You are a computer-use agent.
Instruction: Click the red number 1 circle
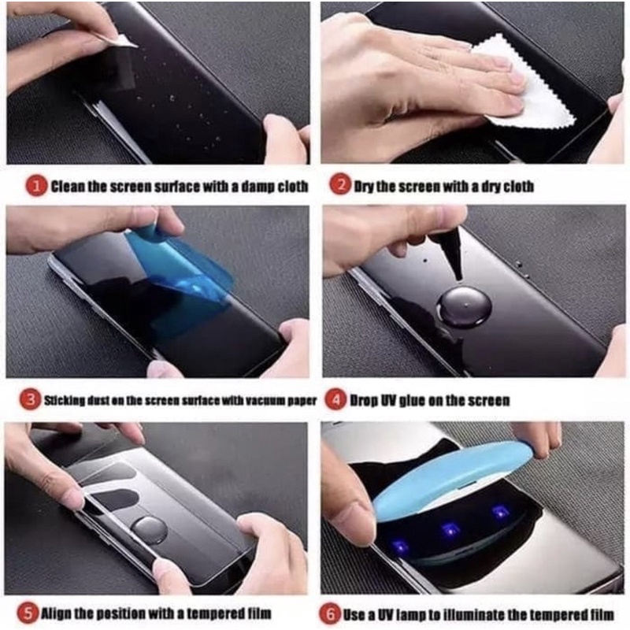(x=35, y=187)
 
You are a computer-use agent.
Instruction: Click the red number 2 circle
(x=339, y=187)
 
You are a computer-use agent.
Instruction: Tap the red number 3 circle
(x=30, y=400)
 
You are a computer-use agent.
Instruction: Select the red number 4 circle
(x=336, y=400)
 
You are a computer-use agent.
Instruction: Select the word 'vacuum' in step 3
(x=259, y=400)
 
